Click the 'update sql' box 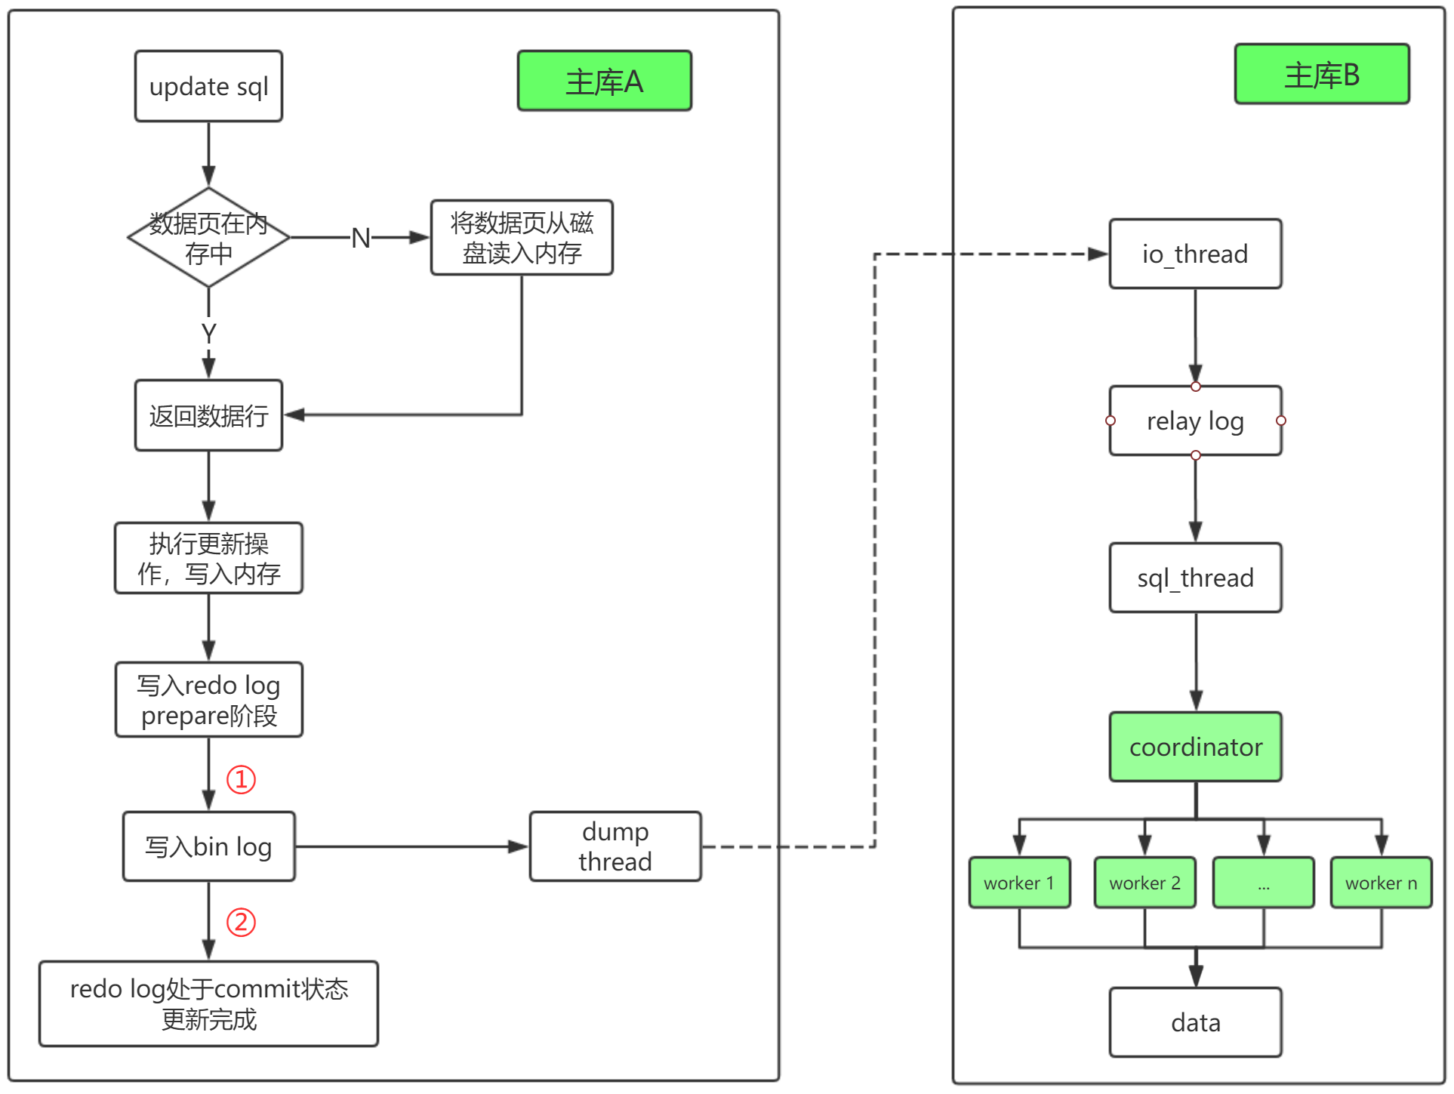point(208,86)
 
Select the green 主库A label point(604,81)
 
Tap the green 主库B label point(1322,74)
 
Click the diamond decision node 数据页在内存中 point(208,237)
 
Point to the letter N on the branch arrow point(361,238)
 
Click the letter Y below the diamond point(209,333)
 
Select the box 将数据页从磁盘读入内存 point(522,237)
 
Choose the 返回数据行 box point(208,415)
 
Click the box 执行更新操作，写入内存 point(208,558)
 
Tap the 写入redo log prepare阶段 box point(208,699)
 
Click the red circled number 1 point(242,779)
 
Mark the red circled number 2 point(242,922)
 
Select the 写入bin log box point(208,846)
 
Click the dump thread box point(615,846)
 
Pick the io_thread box point(1195,254)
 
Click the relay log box point(1195,421)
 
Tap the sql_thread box point(1195,578)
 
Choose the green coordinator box point(1195,747)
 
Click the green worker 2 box point(1144,882)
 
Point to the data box point(1195,1022)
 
